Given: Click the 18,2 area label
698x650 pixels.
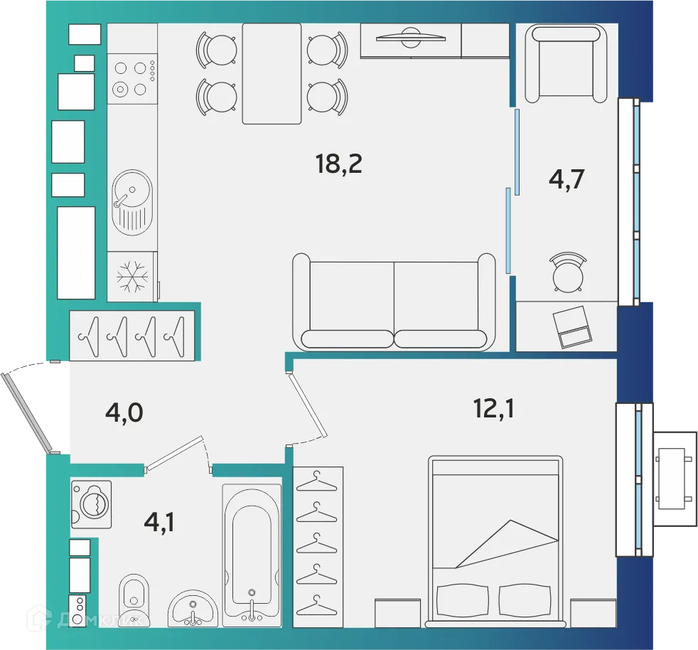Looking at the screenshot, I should [x=339, y=164].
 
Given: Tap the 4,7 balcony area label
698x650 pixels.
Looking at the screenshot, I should [x=567, y=179].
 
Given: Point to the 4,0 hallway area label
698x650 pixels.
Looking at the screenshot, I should [x=124, y=412].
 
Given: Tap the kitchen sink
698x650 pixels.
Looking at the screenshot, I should [x=131, y=202].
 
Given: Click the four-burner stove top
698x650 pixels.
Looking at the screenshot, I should [x=131, y=78].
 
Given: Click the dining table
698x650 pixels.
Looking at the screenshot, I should [x=272, y=73].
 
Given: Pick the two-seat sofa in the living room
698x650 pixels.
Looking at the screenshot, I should [x=393, y=302].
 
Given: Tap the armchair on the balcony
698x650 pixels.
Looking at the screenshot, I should [x=566, y=63].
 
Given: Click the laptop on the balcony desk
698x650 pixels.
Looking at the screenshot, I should [x=573, y=326].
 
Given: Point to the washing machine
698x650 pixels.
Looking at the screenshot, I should [x=92, y=504].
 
